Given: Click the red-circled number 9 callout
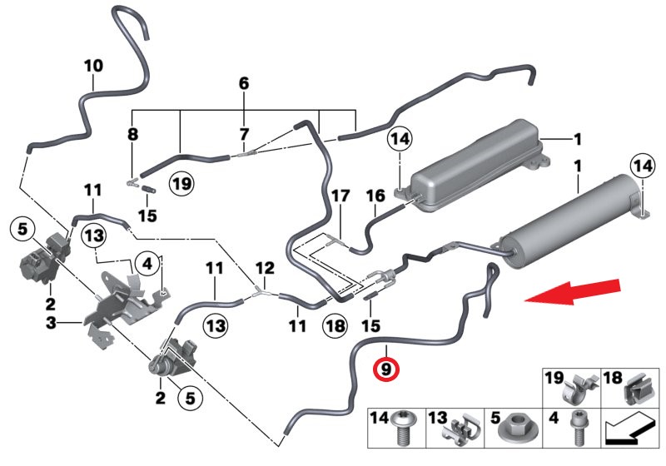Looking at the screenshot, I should (387, 367).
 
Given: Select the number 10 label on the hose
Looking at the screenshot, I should (93, 65).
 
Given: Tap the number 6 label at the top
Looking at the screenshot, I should (244, 83).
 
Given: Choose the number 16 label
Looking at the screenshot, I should (375, 196).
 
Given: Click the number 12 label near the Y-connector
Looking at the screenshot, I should (264, 268).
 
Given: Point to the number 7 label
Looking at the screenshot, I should (244, 134).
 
